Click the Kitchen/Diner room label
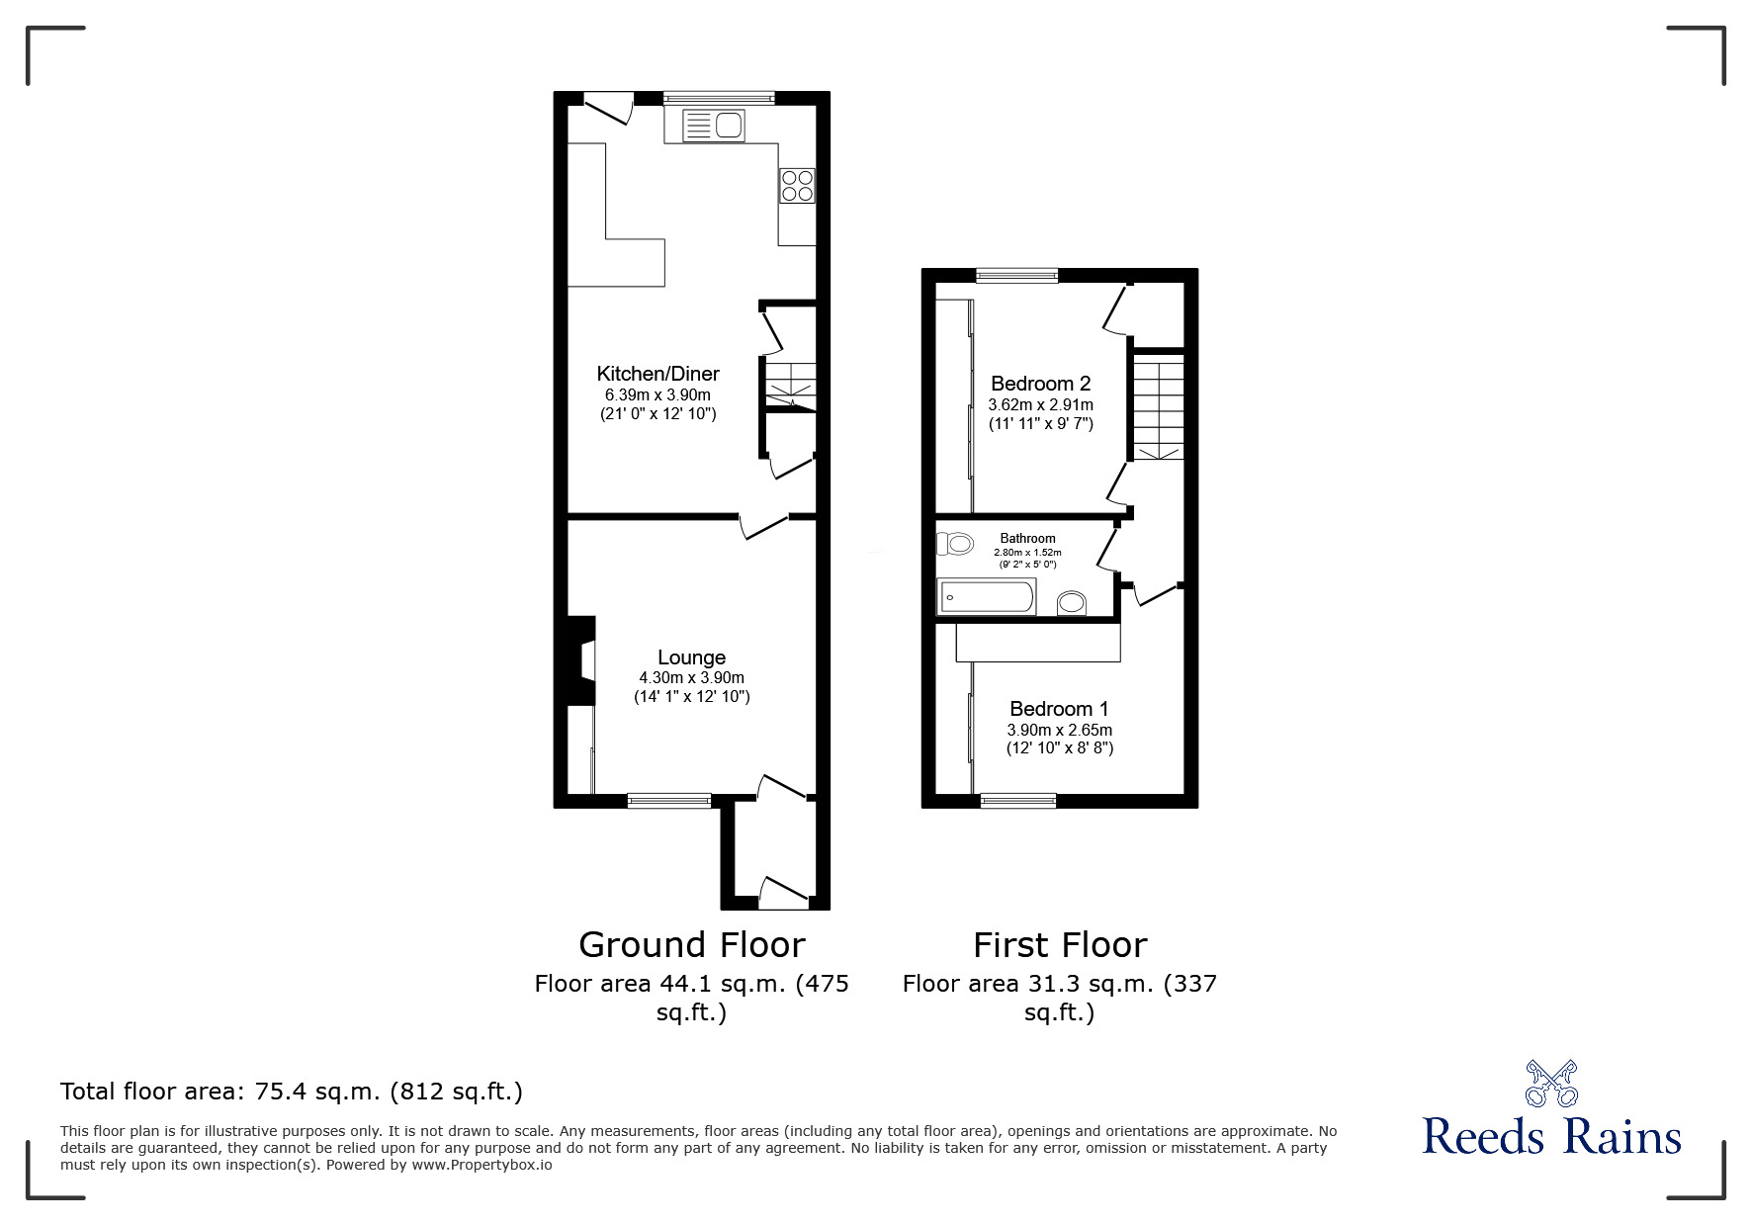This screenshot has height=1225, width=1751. point(657,374)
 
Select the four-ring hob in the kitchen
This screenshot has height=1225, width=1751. point(797,185)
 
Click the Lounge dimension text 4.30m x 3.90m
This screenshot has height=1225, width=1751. point(691,678)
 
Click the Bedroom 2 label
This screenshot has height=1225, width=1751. point(1040,384)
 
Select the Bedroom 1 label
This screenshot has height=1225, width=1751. point(1059,709)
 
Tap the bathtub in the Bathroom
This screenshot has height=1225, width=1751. point(986,597)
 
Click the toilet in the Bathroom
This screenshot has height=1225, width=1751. point(953,543)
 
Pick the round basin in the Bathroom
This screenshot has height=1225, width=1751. point(1071,602)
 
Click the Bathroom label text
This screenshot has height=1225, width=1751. point(1027,539)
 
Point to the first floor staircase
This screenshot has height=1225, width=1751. point(1158,406)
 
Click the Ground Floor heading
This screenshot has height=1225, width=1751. point(691,945)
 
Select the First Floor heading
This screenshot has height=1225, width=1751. point(1059,945)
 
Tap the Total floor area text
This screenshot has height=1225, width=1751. point(292,1092)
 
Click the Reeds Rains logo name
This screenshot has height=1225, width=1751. point(1551,1137)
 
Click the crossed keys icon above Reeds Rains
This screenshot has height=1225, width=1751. point(1551,1083)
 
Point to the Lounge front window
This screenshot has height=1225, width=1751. point(669,800)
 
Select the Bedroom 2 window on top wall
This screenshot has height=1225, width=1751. point(1016,276)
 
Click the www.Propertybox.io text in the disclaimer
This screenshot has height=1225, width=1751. point(482,1165)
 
